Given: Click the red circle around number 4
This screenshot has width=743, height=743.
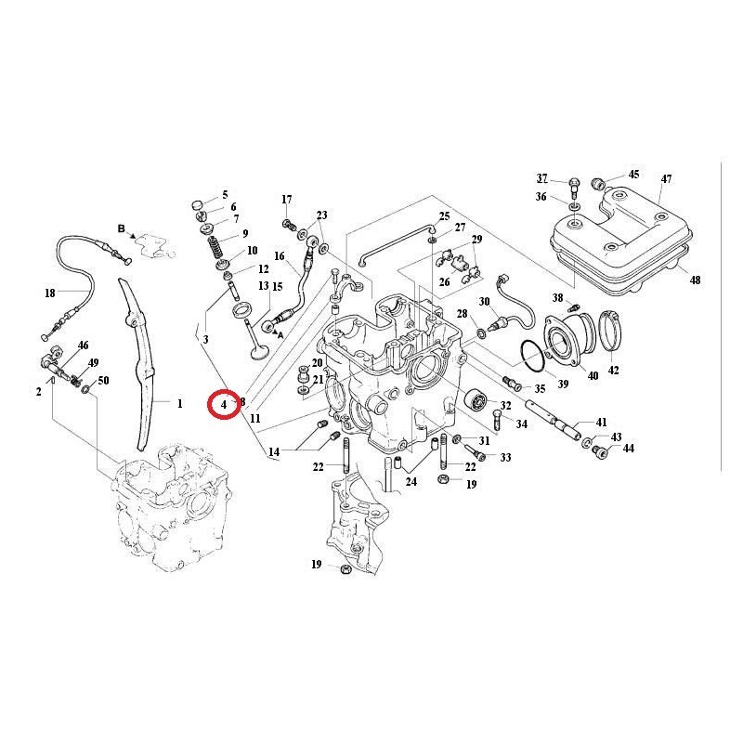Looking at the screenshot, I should (x=224, y=404).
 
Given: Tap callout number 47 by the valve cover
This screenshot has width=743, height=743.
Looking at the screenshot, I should (x=666, y=178).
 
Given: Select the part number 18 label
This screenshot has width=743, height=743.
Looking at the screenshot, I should (x=50, y=293).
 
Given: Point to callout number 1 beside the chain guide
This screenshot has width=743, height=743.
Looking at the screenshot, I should (x=180, y=404).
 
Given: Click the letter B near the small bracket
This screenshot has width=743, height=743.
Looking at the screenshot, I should (x=121, y=228).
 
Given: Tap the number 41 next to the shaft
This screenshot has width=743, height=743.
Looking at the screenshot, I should (x=601, y=423).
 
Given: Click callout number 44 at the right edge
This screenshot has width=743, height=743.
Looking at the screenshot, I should (x=629, y=450).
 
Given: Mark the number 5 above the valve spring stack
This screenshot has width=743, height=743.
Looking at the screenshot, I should (x=225, y=194).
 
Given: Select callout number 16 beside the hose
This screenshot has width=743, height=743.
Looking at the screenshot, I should (x=279, y=255).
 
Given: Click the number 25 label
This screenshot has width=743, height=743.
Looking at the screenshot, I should (x=444, y=216).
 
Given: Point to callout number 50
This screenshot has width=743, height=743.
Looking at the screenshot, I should (x=103, y=381).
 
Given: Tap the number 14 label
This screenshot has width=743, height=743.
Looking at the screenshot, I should (x=274, y=452).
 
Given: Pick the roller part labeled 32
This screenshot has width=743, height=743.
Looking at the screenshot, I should (x=475, y=402).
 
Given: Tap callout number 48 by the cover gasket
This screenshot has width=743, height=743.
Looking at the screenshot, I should (x=694, y=280).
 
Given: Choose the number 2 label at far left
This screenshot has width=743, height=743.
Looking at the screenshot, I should (x=39, y=392).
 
